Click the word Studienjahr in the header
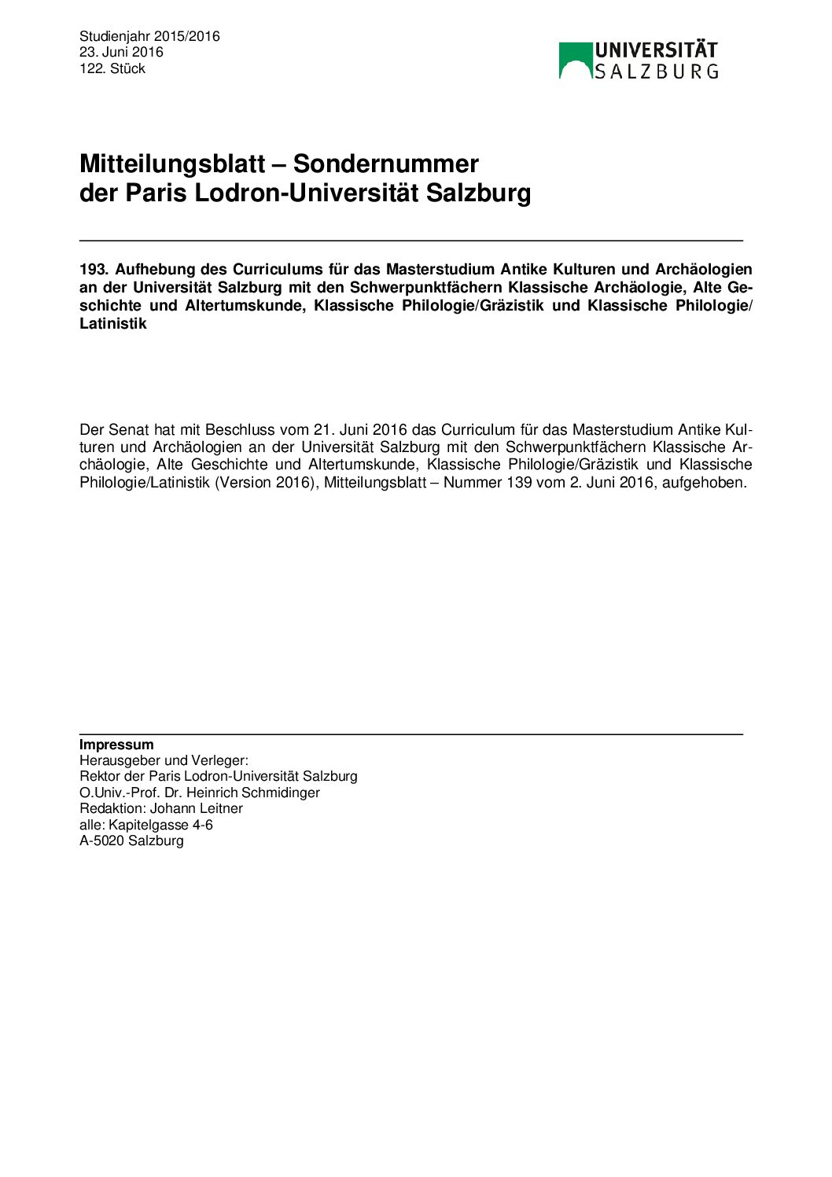pos(115,36)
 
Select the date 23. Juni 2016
pos(121,52)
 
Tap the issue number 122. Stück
pos(112,68)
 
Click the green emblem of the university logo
pos(575,60)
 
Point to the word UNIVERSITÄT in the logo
pos(656,51)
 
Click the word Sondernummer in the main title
pos(385,164)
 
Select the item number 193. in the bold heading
pos(94,270)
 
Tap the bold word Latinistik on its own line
pos(113,324)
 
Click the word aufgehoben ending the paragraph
pos(703,482)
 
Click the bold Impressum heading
pos(116,745)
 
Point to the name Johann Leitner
pos(197,808)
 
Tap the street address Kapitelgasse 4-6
pos(160,825)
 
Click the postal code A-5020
pos(102,840)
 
